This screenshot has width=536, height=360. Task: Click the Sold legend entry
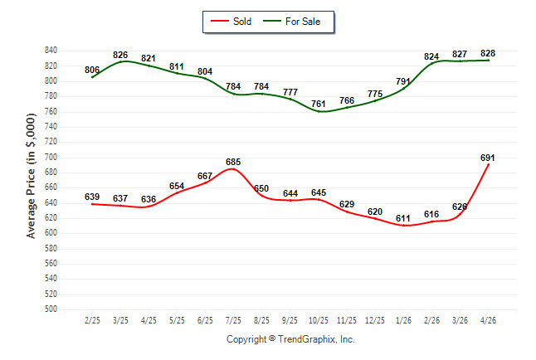(x=231, y=22)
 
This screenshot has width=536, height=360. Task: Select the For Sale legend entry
(x=291, y=22)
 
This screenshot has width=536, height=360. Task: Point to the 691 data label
(x=487, y=158)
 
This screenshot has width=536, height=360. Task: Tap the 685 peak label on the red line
(x=233, y=162)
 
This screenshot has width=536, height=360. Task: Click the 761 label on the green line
(x=319, y=104)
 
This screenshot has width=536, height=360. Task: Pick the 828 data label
(x=487, y=53)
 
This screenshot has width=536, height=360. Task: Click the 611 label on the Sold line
(x=403, y=218)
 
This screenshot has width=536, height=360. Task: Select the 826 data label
(x=120, y=55)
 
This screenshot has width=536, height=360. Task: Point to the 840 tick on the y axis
(x=51, y=51)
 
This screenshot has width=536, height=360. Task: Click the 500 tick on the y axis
(x=51, y=309)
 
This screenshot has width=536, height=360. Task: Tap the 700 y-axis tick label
(x=51, y=157)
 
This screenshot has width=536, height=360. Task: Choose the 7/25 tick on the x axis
(x=233, y=320)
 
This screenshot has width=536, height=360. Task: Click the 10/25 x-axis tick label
(x=319, y=320)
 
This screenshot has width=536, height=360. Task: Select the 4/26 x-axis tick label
(x=488, y=320)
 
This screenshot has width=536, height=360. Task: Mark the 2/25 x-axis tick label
(x=92, y=320)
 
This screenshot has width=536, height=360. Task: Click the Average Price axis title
(x=31, y=176)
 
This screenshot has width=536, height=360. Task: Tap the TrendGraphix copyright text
(x=290, y=339)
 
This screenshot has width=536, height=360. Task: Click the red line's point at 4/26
(x=488, y=165)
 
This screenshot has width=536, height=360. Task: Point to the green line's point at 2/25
(x=92, y=77)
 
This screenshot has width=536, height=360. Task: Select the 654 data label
(x=177, y=186)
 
